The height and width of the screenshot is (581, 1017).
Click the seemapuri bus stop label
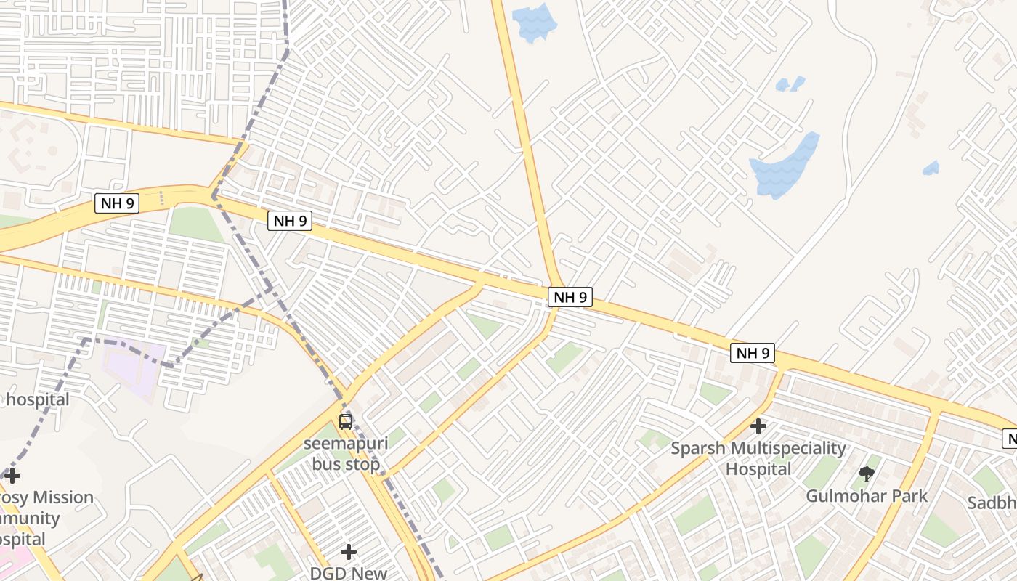click(346, 454)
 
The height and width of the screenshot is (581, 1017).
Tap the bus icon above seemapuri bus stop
click(346, 421)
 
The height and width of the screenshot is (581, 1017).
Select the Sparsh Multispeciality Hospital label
click(758, 458)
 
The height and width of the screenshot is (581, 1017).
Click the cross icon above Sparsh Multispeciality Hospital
click(758, 426)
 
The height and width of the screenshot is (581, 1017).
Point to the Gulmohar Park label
click(867, 496)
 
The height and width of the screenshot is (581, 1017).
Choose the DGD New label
click(349, 573)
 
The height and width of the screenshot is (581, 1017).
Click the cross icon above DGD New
click(349, 552)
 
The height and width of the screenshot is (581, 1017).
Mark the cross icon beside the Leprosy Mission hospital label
click(12, 476)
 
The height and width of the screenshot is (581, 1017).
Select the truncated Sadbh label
click(992, 503)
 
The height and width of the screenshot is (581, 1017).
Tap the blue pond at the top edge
click(534, 22)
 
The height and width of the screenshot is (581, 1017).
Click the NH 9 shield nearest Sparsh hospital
click(753, 354)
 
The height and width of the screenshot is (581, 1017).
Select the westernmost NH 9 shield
click(116, 203)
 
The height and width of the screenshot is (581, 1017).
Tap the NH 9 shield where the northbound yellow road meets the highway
click(570, 297)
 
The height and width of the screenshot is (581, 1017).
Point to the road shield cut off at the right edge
click(1010, 439)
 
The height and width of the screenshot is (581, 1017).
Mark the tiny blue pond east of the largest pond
click(931, 168)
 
